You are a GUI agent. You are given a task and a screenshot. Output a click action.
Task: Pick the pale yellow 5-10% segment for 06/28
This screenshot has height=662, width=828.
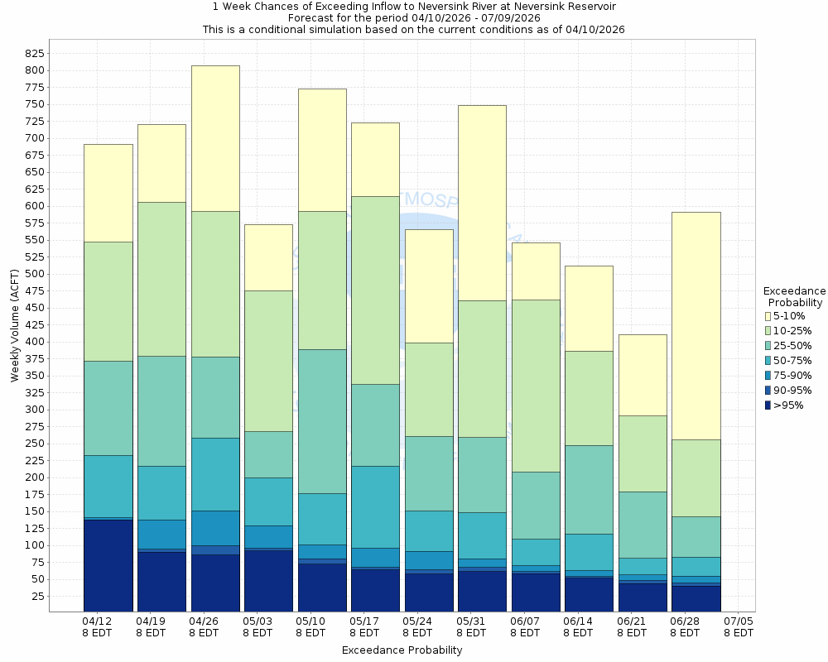[x=696, y=325]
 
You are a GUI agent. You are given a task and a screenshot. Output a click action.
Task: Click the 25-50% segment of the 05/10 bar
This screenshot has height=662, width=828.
[x=322, y=421]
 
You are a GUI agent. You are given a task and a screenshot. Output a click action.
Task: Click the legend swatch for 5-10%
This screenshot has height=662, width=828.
[x=768, y=316]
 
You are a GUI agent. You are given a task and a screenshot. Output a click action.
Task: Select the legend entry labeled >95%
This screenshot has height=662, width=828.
[x=787, y=405]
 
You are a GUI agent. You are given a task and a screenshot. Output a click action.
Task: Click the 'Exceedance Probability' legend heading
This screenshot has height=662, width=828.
[x=794, y=297]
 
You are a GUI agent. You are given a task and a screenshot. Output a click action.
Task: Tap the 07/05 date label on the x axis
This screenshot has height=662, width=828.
[x=738, y=626]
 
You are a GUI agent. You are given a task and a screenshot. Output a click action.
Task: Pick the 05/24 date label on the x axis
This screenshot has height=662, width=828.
[x=417, y=626]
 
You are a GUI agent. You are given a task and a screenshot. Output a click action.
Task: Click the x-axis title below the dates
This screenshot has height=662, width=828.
[x=402, y=650]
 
